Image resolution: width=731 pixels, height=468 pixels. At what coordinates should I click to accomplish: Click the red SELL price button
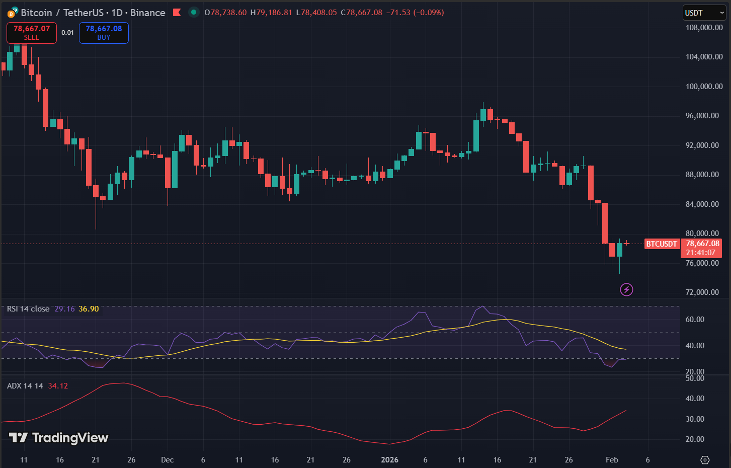pyautogui.click(x=31, y=33)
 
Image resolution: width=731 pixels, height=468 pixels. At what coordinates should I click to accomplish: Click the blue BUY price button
pyautogui.click(x=104, y=33)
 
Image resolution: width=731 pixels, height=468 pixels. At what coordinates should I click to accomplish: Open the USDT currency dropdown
pyautogui.click(x=704, y=13)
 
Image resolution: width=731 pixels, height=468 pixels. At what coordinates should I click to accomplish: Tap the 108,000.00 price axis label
pyautogui.click(x=704, y=28)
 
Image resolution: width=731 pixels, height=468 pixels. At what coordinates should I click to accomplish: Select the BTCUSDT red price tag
pyautogui.click(x=661, y=244)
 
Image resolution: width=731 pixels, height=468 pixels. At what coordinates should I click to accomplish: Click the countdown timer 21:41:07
pyautogui.click(x=700, y=253)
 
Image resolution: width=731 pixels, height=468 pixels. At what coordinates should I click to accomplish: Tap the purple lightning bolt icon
pyautogui.click(x=626, y=289)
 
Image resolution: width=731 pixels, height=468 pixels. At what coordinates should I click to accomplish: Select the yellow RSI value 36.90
pyautogui.click(x=89, y=309)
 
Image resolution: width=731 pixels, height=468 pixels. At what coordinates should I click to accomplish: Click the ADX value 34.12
pyautogui.click(x=58, y=386)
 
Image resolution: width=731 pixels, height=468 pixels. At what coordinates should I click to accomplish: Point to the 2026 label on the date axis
pyautogui.click(x=389, y=460)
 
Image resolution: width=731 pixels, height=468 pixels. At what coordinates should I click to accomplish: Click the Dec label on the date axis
pyautogui.click(x=167, y=460)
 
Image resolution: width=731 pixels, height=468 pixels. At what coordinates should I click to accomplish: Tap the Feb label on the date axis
pyautogui.click(x=611, y=460)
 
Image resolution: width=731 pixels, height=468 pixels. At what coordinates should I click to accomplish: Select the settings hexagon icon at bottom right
pyautogui.click(x=705, y=460)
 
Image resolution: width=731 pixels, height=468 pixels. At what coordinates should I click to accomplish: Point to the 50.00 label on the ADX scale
pyautogui.click(x=695, y=378)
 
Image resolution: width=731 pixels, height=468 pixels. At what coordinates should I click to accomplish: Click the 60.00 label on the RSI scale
pyautogui.click(x=695, y=320)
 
